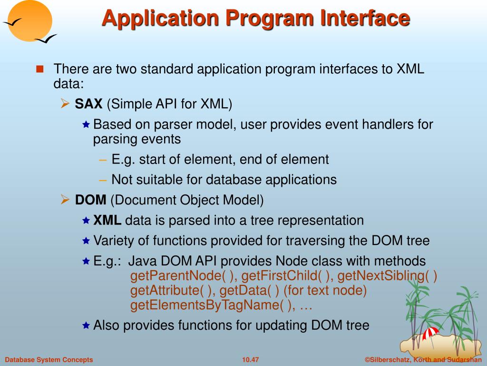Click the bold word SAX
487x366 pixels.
tap(89, 103)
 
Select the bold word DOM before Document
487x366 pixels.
tap(91, 200)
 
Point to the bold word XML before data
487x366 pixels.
tap(107, 221)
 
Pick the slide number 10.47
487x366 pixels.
tap(250, 359)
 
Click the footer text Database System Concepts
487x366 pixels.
tap(49, 359)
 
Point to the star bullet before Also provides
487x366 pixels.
tap(86, 325)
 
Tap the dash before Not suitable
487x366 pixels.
tap(103, 180)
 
